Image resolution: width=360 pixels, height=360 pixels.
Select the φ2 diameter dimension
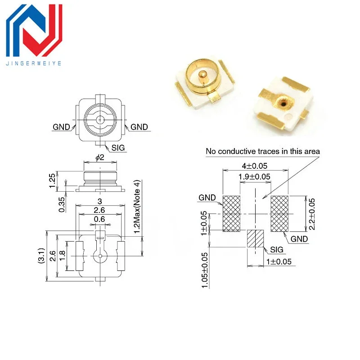pyautogui.click(x=100, y=157)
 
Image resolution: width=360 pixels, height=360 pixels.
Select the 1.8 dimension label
pyautogui.click(x=63, y=256)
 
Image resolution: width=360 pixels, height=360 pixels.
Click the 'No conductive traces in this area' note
pyautogui.click(x=263, y=151)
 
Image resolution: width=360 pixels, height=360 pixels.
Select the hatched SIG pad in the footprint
pyautogui.click(x=255, y=238)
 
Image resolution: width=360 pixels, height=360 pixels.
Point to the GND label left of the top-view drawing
pyautogui.click(x=62, y=127)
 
